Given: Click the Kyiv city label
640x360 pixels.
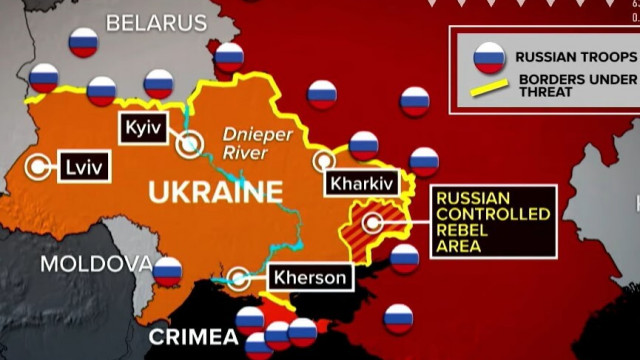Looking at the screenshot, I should [140, 127].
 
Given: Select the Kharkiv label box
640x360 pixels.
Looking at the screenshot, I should [361, 183].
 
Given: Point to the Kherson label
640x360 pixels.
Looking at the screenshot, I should [309, 278].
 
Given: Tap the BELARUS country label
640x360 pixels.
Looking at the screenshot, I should [156, 22].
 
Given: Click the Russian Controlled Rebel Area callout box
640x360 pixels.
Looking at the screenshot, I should [492, 221].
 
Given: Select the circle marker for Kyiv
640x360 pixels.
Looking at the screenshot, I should [189, 145].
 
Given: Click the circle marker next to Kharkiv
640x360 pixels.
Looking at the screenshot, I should [324, 160].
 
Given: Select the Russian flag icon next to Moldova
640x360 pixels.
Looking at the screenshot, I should [168, 269].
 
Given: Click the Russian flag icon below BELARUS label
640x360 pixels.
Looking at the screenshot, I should [84, 43].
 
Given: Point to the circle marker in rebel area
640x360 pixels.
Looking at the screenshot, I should [372, 223].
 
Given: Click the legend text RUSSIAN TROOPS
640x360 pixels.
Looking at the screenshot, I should [573, 58].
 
